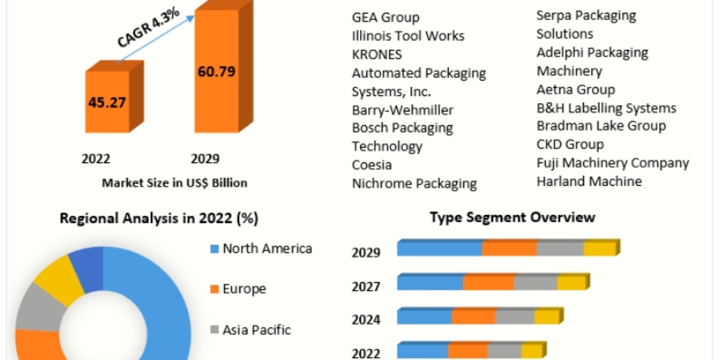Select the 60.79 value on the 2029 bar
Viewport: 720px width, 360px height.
point(216,72)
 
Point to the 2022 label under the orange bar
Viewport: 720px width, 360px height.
point(96,159)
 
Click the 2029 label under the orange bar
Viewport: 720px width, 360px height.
point(205,159)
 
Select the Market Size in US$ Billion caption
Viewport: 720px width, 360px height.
point(175,182)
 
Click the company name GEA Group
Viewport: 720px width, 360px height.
point(385,17)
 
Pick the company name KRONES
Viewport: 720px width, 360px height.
point(377,55)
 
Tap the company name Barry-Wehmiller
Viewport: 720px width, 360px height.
point(403,110)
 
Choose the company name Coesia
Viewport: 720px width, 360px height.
point(371,165)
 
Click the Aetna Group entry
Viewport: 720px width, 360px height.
point(575,89)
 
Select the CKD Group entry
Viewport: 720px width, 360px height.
point(570,145)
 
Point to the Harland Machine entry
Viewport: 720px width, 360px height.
point(589,181)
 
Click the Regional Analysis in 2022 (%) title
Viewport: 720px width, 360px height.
point(159,219)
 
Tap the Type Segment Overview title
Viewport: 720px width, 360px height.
point(512,217)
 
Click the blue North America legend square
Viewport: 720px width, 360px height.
point(214,248)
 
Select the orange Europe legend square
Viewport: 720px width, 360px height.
point(214,289)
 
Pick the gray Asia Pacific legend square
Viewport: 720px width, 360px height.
point(214,329)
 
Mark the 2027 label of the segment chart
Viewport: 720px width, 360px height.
point(366,287)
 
